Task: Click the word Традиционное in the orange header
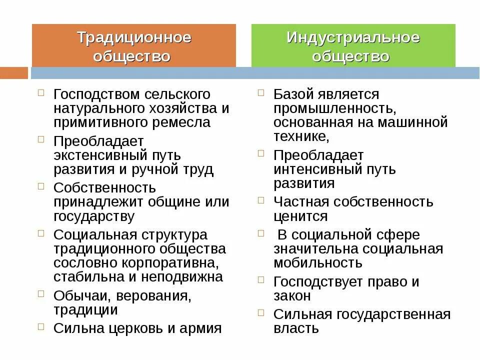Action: point(134,38)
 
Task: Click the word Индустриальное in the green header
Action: point(353,38)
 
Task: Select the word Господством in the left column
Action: point(96,94)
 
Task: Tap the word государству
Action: point(94,216)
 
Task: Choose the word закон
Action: point(292,295)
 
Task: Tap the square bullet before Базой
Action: point(261,93)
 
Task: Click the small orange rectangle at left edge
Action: point(13,73)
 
